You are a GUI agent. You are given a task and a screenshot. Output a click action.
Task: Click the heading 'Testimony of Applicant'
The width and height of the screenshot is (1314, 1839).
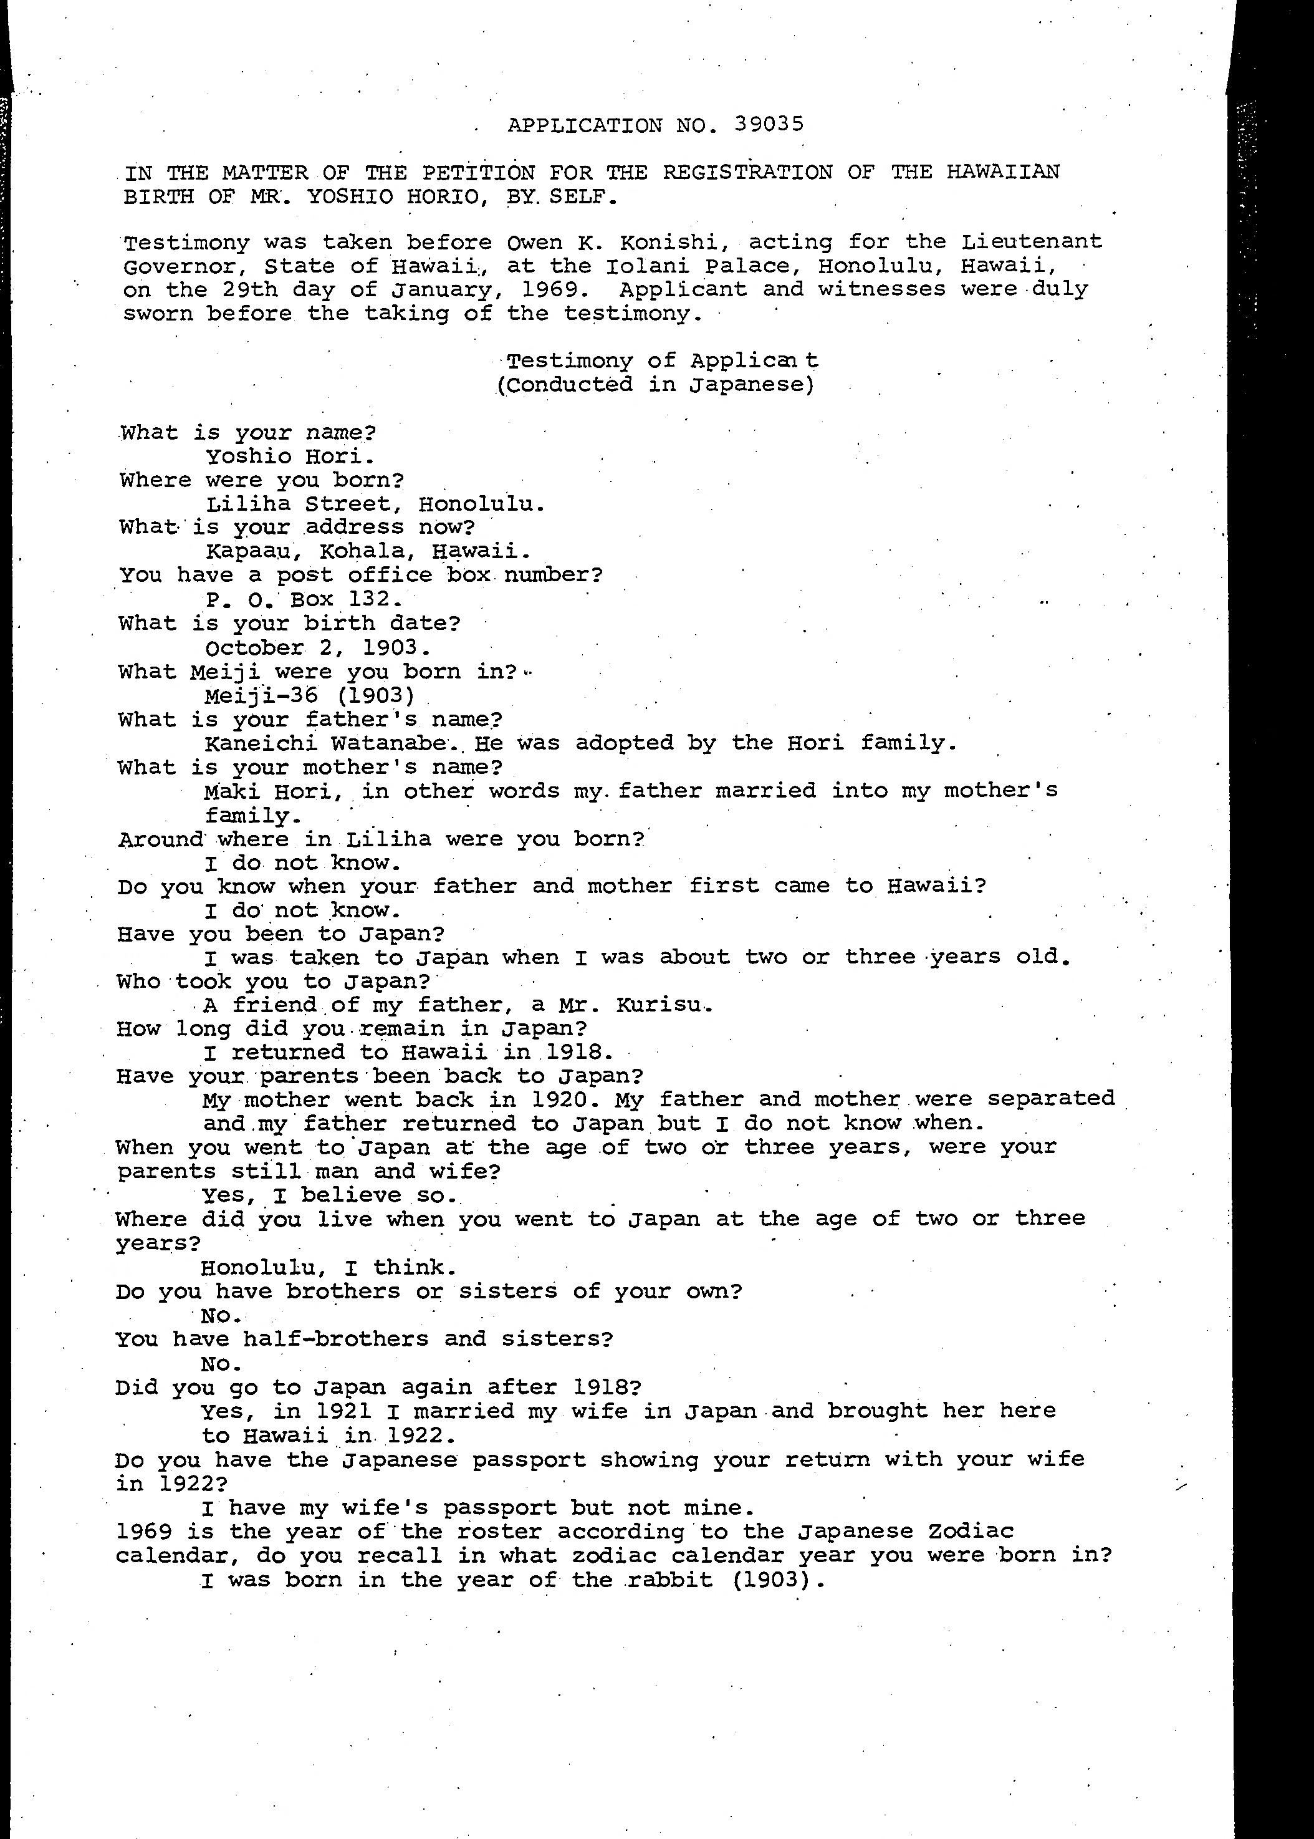[662, 360]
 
